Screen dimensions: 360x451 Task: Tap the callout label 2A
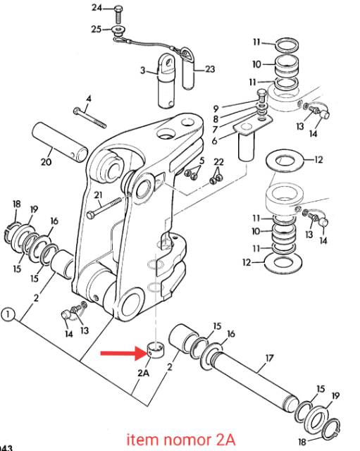click(x=144, y=373)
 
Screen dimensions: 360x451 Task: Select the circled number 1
click(x=8, y=314)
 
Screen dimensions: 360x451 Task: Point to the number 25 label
click(x=97, y=29)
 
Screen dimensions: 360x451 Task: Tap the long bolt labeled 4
click(x=90, y=118)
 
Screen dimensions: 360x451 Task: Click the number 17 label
click(x=269, y=359)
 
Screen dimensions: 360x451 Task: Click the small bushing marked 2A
click(x=156, y=350)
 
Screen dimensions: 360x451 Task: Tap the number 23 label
click(x=210, y=69)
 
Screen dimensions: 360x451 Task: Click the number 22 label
click(x=218, y=162)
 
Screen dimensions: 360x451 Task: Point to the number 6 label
click(x=214, y=141)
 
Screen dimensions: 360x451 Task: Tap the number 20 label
click(x=46, y=161)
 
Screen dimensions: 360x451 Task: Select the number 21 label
click(x=99, y=195)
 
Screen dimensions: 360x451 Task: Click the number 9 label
click(x=216, y=109)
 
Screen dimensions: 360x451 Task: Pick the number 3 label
click(x=143, y=70)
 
